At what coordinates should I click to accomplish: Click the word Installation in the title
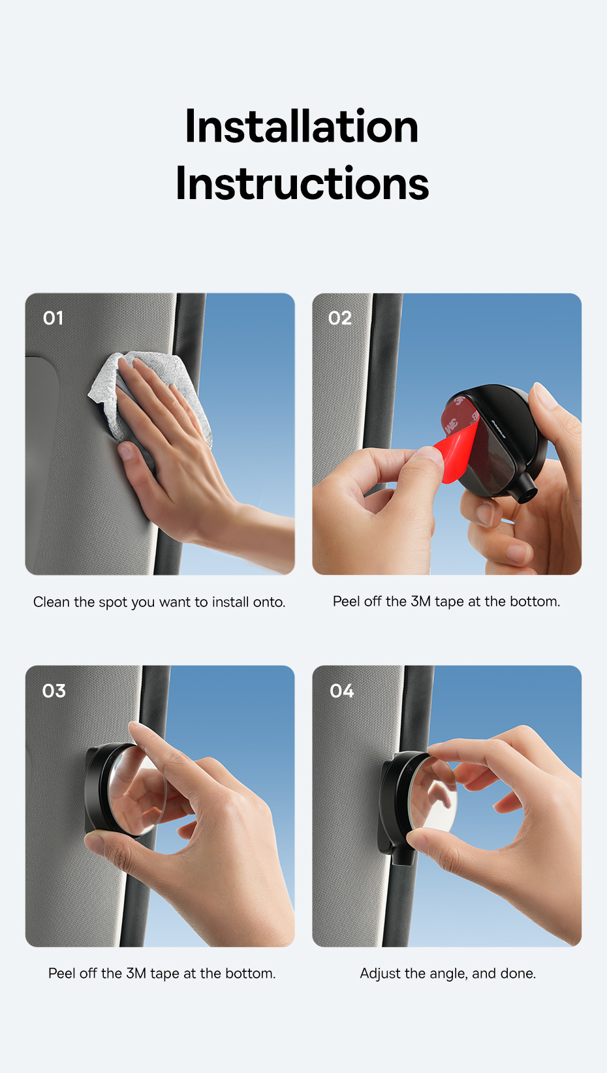[x=302, y=126]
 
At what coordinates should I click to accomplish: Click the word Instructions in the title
[x=302, y=183]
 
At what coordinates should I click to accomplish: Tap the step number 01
[x=53, y=318]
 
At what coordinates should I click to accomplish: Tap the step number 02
[x=339, y=318]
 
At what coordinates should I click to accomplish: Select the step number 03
[x=54, y=691]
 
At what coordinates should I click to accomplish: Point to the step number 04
[x=341, y=691]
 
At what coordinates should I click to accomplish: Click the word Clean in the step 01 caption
[x=52, y=602]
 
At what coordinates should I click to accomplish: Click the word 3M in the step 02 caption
[x=420, y=601]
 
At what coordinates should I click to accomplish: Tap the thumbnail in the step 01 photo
[x=125, y=450]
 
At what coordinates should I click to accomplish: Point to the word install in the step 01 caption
[x=230, y=602]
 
